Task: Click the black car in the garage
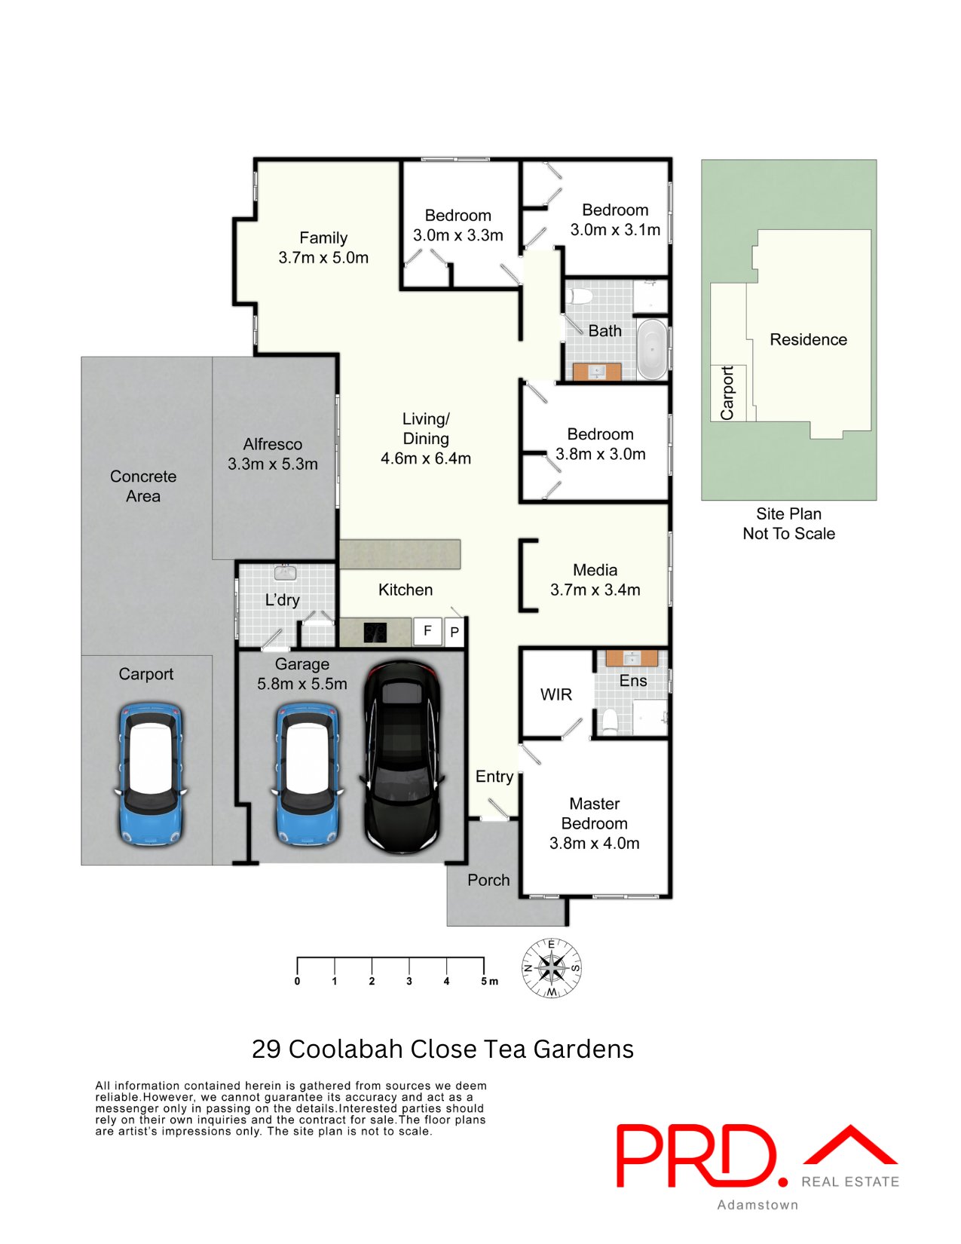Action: tap(402, 758)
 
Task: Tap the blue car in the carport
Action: tap(150, 774)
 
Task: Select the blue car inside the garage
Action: tap(307, 774)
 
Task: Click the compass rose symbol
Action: tap(552, 968)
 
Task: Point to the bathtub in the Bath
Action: tap(652, 350)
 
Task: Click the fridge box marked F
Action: tap(427, 631)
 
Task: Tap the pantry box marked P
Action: tap(454, 632)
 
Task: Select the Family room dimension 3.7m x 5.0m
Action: tap(323, 258)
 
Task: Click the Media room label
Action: tap(595, 570)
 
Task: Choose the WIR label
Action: tap(555, 694)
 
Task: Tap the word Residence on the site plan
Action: tap(808, 340)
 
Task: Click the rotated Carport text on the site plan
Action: tap(727, 393)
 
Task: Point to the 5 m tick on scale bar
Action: tap(484, 966)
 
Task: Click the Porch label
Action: tap(488, 880)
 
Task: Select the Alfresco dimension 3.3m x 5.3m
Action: tap(273, 464)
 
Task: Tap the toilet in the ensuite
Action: tap(609, 722)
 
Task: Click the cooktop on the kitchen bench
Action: tap(375, 632)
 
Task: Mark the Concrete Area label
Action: tap(143, 486)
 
